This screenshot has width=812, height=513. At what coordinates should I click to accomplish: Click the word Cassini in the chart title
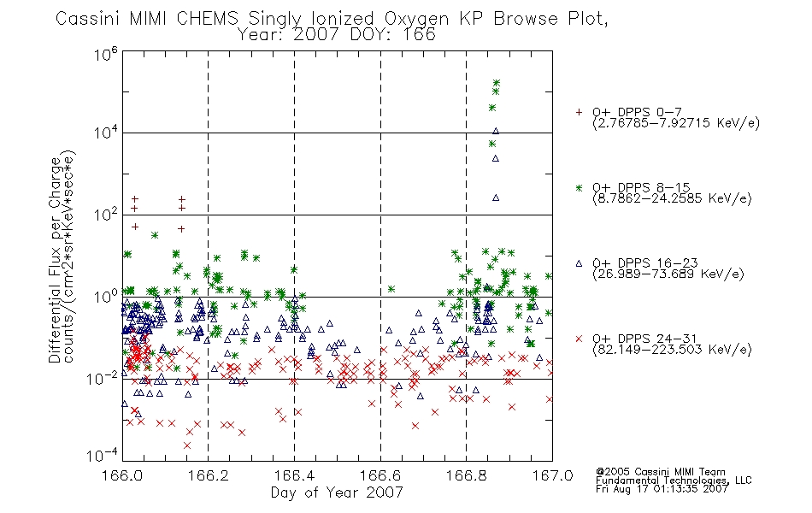pos(88,19)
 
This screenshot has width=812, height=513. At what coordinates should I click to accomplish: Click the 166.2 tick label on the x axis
pos(209,475)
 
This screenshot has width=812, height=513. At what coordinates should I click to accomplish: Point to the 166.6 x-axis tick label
pos(380,475)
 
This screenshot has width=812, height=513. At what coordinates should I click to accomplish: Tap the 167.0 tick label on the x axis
pos(552,475)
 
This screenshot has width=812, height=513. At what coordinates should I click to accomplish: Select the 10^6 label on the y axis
pos(106,53)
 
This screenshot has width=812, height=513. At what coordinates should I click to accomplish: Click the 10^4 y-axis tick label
pos(106,133)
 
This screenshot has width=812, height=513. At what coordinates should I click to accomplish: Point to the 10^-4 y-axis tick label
pos(102,455)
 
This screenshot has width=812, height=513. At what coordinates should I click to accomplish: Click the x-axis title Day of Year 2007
pos(337,492)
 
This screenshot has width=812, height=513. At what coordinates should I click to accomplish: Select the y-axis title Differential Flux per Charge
pos(55,260)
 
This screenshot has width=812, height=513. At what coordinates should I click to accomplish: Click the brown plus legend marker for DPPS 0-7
pos(579,112)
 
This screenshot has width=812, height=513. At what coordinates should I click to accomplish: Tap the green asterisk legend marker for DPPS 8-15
pos(579,187)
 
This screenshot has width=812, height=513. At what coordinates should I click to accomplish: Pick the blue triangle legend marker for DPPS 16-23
pos(579,263)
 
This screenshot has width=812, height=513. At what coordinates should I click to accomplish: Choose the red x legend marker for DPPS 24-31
pos(579,339)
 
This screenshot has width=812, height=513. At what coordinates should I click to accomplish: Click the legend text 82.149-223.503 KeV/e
pos(672,350)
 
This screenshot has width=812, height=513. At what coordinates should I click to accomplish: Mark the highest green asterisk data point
pos(497,83)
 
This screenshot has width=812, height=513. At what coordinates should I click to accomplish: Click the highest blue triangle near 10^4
pos(496,131)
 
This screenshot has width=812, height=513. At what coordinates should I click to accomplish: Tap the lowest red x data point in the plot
pos(187,445)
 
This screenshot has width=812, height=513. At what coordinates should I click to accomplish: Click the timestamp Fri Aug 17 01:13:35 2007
pos(662,489)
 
